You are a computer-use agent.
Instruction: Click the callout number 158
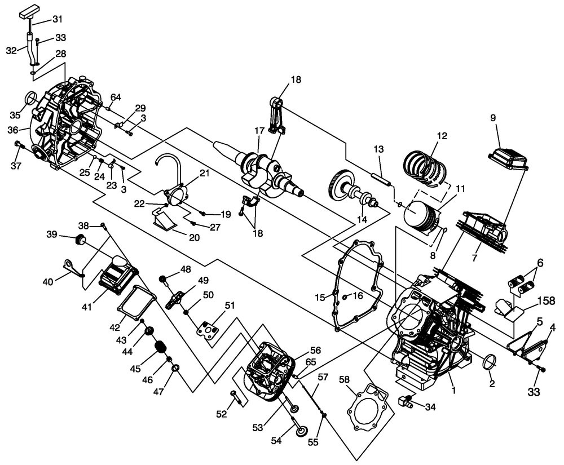click(x=545, y=300)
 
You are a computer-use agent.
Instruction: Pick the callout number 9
click(x=493, y=119)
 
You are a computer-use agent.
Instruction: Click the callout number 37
click(x=16, y=165)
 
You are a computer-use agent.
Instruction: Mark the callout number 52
click(x=222, y=414)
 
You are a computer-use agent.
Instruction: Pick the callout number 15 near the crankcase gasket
click(x=320, y=297)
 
